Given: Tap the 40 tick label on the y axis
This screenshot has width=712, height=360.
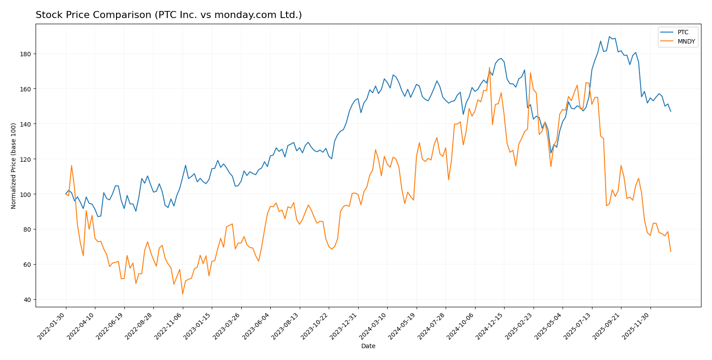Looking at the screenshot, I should pos(27,300).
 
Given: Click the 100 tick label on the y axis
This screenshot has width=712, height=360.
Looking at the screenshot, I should pos(25,194).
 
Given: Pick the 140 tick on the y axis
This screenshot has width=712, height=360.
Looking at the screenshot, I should pos(25,124).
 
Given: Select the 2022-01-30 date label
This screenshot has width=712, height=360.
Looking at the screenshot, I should pos(52,326).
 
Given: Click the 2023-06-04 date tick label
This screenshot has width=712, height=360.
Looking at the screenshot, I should pos(257,326).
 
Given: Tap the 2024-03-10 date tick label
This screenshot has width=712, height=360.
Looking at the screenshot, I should pos(374,326).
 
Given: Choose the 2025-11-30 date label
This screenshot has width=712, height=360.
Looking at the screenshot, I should pos(636,326).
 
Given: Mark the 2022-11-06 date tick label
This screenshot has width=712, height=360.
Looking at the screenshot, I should pos(169,326).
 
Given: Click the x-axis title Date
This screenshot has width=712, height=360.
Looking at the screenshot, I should pos(368,346).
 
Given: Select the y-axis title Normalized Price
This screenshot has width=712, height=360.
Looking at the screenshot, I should pos(14,166).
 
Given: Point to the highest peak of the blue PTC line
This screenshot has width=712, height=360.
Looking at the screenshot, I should pos(610,36).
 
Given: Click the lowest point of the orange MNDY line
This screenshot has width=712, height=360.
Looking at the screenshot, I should pos(182,294).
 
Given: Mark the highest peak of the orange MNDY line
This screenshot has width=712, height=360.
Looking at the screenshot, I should pos(489,67).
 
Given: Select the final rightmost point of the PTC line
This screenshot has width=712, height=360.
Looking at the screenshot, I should pos(671,111).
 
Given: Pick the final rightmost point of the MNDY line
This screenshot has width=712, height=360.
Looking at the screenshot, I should pos(671,251).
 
